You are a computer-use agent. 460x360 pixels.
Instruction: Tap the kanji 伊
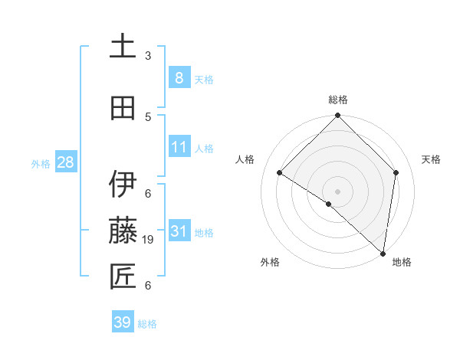(123, 185)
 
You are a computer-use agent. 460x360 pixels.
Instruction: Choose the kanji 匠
(123, 277)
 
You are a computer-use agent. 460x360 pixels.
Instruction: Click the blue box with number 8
(179, 78)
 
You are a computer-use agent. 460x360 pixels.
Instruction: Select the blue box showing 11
(179, 147)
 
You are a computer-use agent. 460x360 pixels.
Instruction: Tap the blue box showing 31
(179, 231)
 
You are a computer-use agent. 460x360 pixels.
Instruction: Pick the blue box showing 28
(65, 162)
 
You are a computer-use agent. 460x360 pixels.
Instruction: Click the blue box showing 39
(123, 322)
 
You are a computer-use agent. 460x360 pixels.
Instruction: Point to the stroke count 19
(149, 240)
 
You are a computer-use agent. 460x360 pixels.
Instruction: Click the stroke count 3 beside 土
(148, 56)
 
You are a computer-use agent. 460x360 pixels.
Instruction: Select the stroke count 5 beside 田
(148, 116)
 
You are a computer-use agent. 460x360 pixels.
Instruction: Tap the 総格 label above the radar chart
(338, 100)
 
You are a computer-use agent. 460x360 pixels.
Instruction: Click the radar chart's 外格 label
(270, 262)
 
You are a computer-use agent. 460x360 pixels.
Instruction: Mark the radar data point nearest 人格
(280, 173)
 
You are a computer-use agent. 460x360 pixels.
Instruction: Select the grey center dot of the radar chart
(338, 191)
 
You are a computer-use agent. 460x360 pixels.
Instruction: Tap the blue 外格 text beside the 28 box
(41, 163)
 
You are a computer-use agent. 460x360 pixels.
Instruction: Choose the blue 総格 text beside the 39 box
(148, 324)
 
